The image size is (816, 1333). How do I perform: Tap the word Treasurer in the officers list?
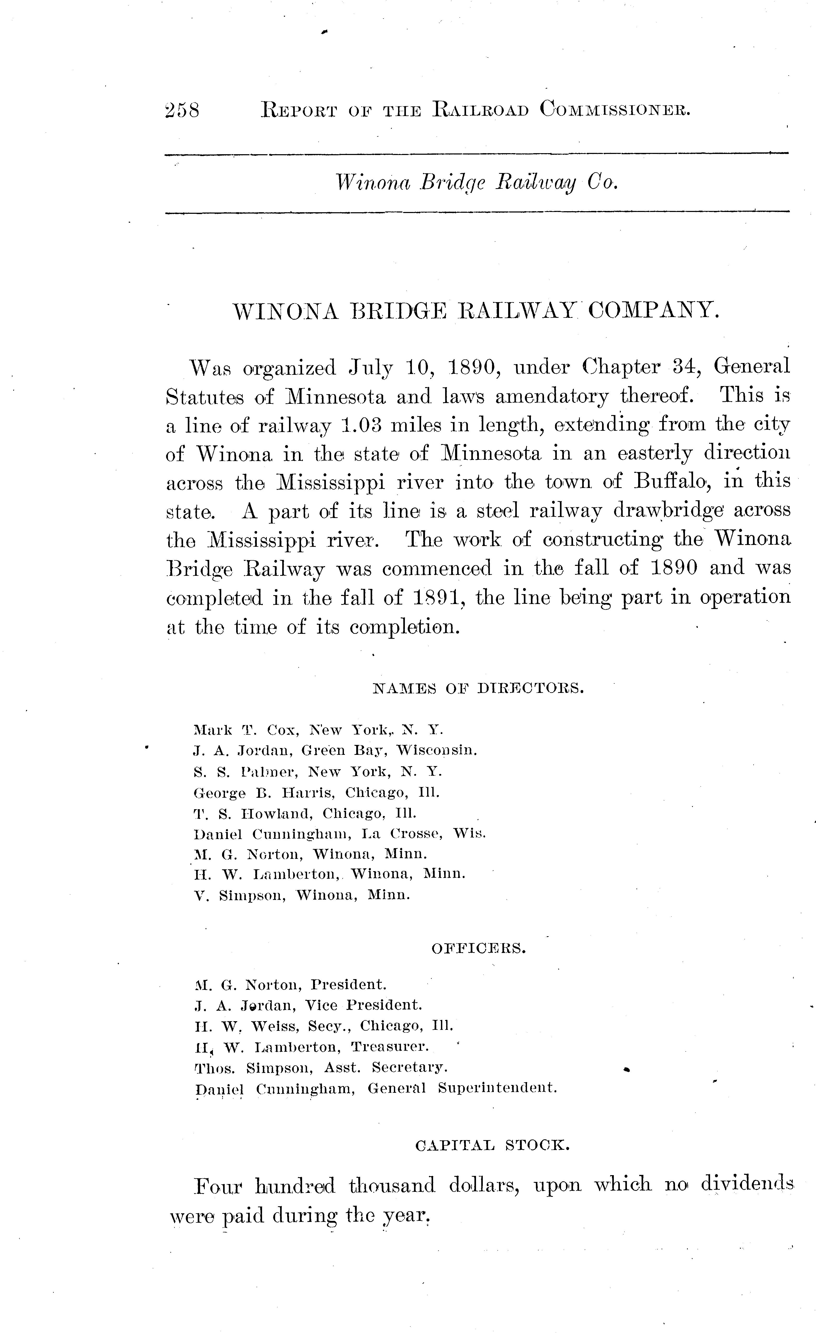coord(389,1047)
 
